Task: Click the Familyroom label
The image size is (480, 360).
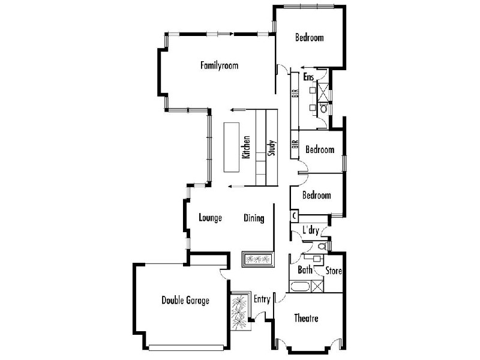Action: [219, 65]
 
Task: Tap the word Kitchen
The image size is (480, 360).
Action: [245, 147]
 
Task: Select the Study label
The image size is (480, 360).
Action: [271, 148]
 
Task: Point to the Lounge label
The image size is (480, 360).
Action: [211, 218]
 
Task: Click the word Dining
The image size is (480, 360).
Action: [254, 218]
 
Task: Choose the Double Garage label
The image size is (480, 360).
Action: [185, 300]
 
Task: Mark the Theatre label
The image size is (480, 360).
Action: [306, 318]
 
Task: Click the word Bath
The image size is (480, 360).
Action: [305, 270]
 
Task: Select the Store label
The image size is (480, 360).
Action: [334, 271]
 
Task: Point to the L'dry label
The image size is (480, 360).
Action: [310, 230]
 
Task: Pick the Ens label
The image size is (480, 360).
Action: [308, 77]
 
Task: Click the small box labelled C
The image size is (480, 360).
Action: [295, 215]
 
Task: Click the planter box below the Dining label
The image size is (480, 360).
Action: [258, 259]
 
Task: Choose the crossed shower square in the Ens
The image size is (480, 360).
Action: [323, 92]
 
